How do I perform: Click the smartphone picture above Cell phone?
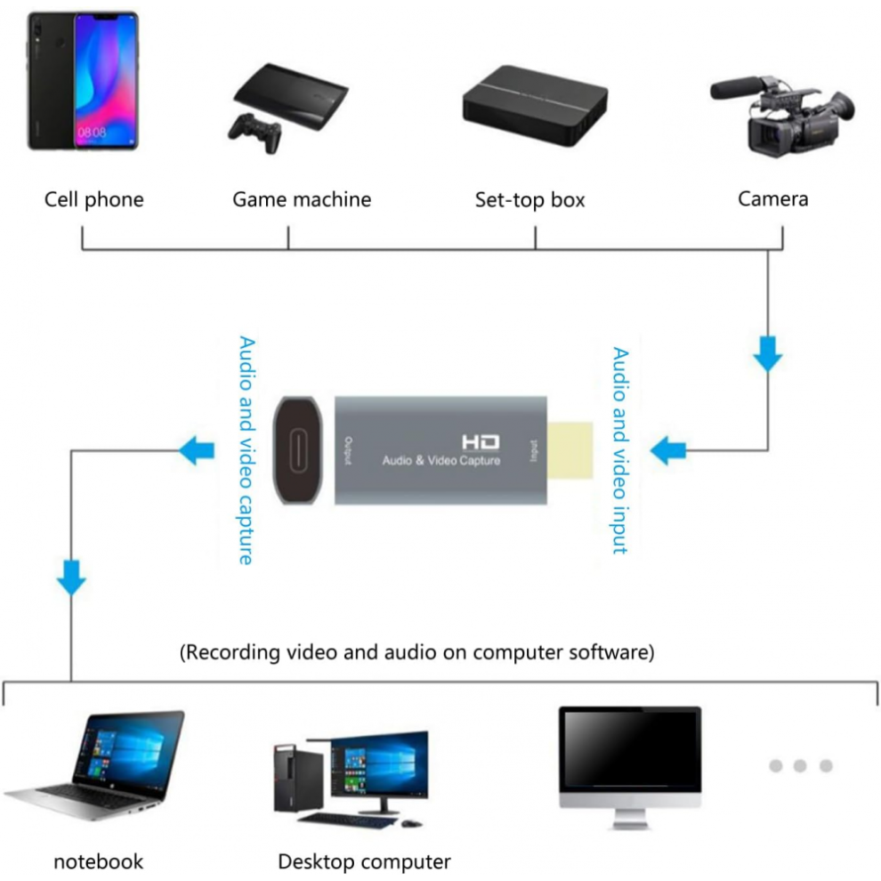tap(83, 81)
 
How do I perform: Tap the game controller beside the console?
tap(255, 133)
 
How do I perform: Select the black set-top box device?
tap(535, 105)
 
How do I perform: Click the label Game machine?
tap(302, 199)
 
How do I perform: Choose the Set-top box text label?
tap(529, 200)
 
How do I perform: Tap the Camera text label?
tap(772, 199)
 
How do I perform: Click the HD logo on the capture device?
tap(481, 442)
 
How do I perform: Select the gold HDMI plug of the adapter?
tap(570, 450)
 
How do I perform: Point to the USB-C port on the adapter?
tap(298, 450)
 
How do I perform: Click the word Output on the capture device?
tap(348, 450)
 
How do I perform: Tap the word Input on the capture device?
tap(533, 450)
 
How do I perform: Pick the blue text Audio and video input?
tap(619, 450)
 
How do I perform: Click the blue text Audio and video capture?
tap(247, 450)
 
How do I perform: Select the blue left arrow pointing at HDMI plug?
tap(667, 450)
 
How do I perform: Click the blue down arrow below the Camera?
tap(767, 354)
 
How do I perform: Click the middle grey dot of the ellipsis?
tap(800, 765)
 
